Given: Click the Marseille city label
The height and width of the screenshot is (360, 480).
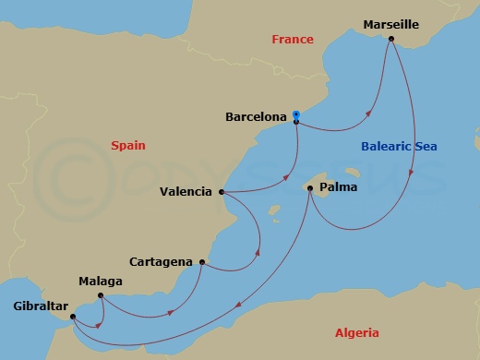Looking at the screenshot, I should [391, 24].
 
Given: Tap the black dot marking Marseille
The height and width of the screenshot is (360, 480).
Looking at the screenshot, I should [392, 39].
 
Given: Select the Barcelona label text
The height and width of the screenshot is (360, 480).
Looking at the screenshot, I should [255, 117].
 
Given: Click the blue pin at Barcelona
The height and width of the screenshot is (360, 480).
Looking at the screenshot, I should [295, 115].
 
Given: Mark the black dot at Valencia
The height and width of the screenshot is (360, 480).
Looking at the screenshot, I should [222, 192].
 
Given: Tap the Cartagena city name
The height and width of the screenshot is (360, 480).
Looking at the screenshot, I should [162, 262].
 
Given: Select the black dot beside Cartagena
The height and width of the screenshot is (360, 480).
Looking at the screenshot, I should [201, 262].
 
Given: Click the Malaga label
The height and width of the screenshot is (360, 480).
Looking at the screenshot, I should [100, 281].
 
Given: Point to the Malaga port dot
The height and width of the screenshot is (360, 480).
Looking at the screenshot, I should [100, 295].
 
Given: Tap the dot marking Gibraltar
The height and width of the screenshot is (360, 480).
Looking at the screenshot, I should [72, 316].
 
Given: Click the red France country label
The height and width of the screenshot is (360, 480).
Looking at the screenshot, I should [292, 40].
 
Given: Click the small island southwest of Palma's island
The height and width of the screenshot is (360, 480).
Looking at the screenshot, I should [273, 210].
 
